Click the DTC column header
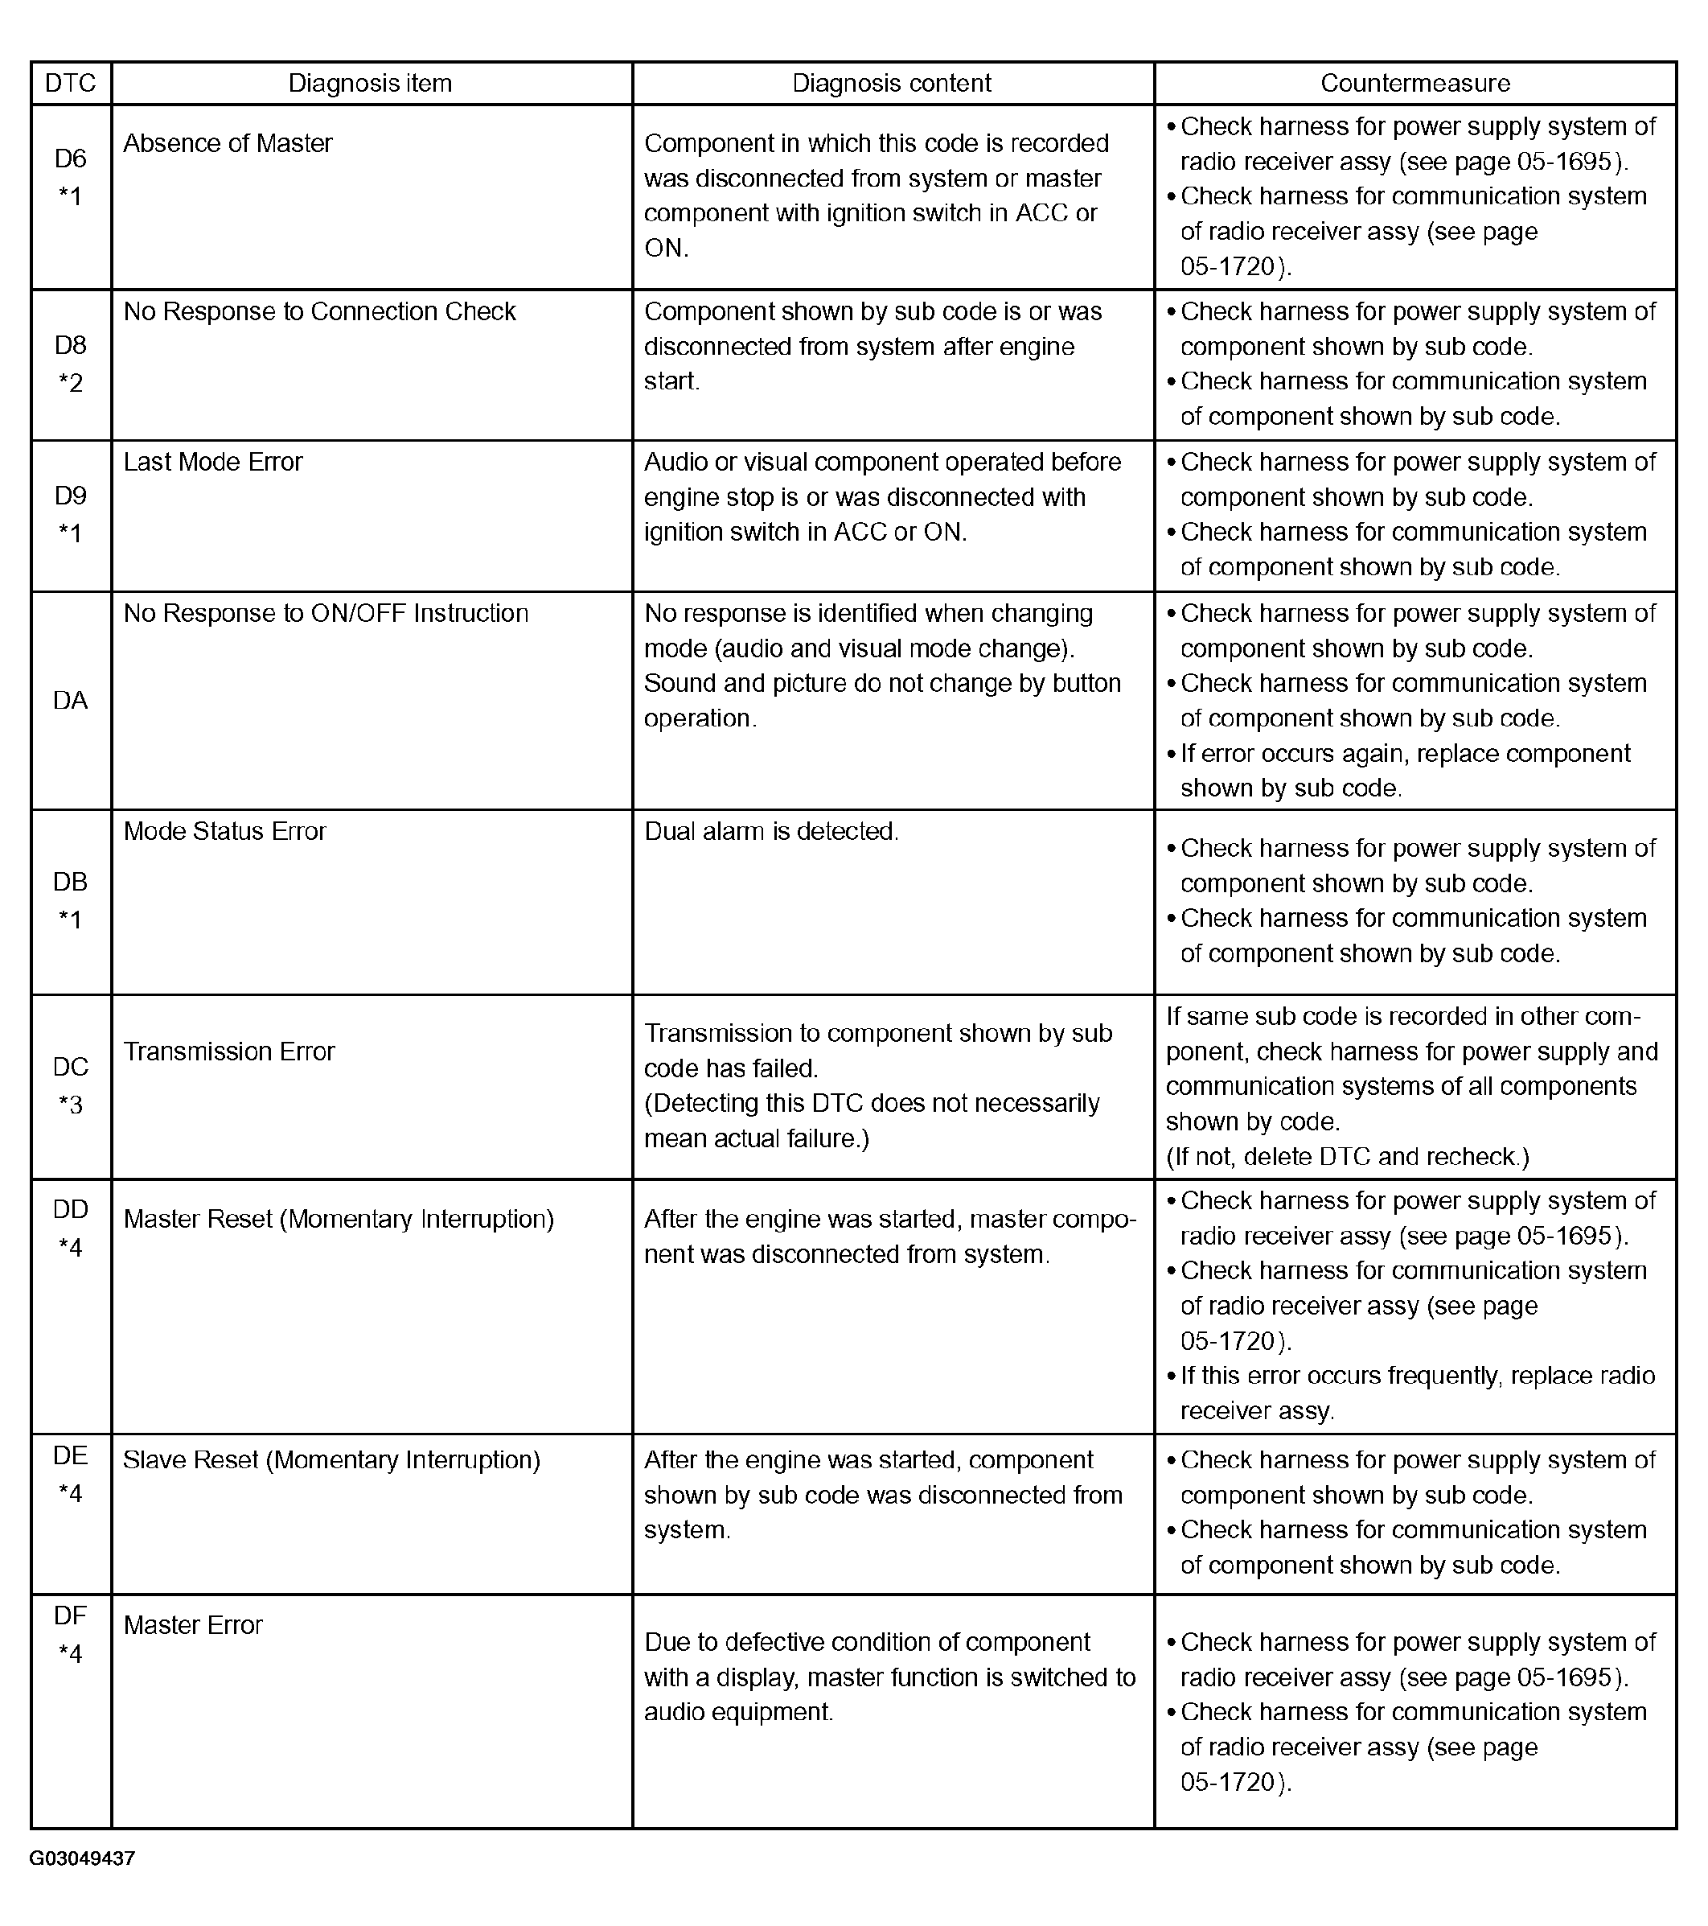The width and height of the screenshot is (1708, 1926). click(71, 84)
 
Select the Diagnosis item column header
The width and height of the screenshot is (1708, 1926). click(370, 84)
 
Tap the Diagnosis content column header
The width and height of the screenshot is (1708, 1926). click(891, 84)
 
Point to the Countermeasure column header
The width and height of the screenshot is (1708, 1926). click(1415, 84)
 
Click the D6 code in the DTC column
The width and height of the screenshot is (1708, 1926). click(71, 158)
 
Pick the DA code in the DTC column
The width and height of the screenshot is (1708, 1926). click(71, 700)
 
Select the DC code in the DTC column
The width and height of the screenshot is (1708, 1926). click(71, 1067)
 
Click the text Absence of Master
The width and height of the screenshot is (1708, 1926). click(228, 143)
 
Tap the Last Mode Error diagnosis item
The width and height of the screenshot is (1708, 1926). click(213, 462)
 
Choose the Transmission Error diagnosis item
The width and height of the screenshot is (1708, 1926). click(229, 1051)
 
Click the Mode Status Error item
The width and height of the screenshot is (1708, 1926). click(224, 831)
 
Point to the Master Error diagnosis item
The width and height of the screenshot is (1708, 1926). click(193, 1624)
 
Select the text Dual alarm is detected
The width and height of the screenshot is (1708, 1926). click(771, 831)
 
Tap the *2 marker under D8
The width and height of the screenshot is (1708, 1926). click(71, 383)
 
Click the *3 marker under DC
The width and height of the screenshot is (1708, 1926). click(71, 1105)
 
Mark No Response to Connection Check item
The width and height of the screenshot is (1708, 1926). click(319, 312)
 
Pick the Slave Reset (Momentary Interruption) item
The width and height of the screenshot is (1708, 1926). click(331, 1459)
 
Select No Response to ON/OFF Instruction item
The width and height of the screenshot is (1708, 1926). click(326, 613)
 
